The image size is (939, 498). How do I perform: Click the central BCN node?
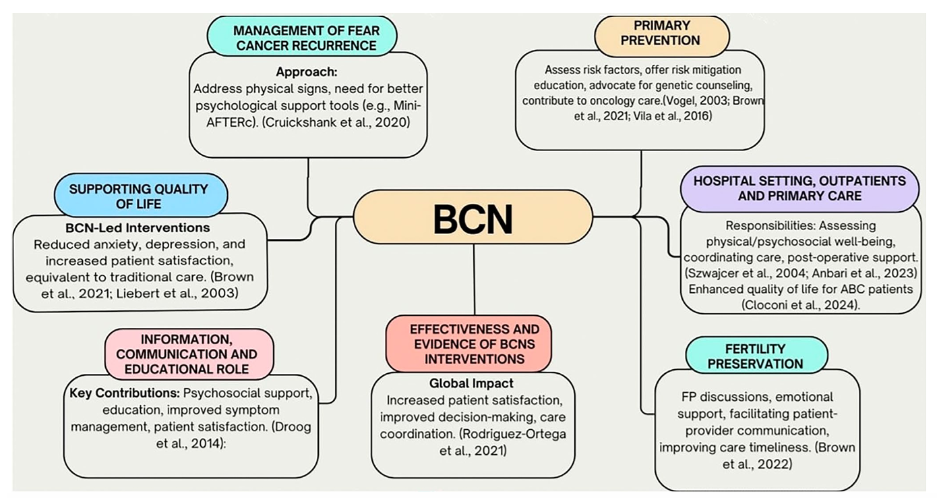(473, 217)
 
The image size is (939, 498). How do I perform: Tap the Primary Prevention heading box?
(661, 32)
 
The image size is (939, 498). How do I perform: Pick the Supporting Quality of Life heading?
(139, 196)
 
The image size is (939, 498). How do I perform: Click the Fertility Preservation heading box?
(755, 356)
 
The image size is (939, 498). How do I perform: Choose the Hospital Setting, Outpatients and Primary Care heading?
(799, 189)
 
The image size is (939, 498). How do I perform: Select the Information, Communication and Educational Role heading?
(189, 354)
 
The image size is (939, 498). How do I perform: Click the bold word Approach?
(307, 72)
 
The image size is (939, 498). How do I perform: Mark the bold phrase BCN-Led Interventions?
(138, 227)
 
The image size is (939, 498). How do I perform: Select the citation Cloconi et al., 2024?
(799, 304)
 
